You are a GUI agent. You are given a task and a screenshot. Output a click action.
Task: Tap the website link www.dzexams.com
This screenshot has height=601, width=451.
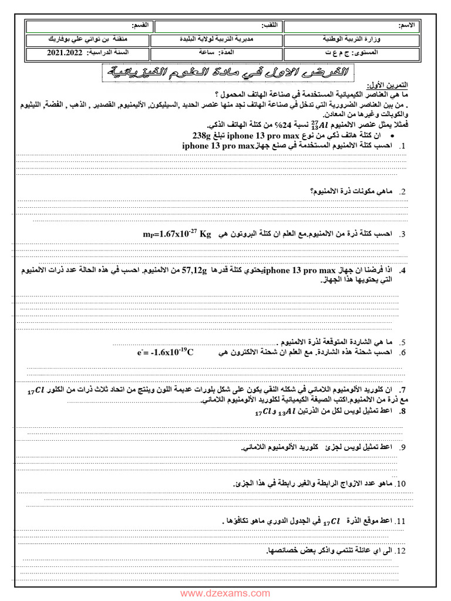click(x=225, y=593)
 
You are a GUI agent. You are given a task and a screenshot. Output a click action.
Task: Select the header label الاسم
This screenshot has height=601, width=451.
click(x=407, y=26)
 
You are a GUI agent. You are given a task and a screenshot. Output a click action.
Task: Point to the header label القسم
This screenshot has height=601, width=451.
click(x=140, y=26)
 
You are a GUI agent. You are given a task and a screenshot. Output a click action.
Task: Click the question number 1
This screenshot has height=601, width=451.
click(x=403, y=146)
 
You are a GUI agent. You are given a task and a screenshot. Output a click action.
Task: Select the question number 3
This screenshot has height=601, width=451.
click(x=403, y=235)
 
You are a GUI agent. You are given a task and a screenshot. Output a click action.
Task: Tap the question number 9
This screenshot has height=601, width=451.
click(x=403, y=448)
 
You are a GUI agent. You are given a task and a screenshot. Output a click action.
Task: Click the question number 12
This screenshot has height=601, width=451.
click(x=401, y=551)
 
